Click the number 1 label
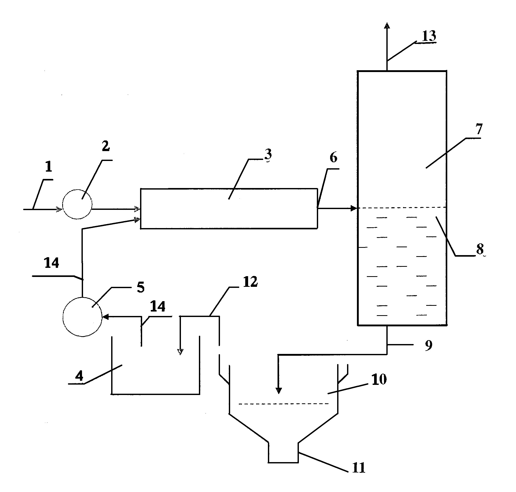pos(49,166)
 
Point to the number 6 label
pos(333,157)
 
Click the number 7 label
pos(479,129)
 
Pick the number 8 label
pos(480,249)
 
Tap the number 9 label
pos(429,345)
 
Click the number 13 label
pos(429,36)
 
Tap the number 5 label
pos(141,287)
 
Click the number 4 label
pos(79,376)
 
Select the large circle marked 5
pos(83,317)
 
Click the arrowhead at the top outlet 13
pos(387,25)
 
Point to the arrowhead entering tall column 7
pos(354,209)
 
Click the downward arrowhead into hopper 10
pos(278,391)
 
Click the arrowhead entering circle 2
pos(59,209)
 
